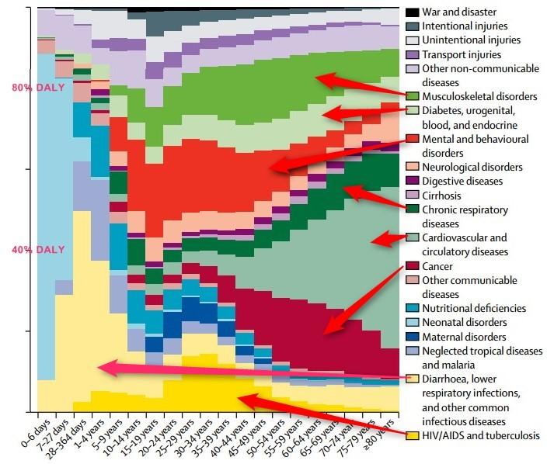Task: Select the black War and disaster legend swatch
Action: pyautogui.click(x=413, y=12)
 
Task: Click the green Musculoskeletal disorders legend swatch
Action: pyautogui.click(x=413, y=96)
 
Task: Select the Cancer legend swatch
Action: pyautogui.click(x=413, y=265)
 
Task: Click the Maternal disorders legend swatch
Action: pyautogui.click(x=413, y=337)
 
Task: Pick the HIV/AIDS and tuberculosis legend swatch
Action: pyautogui.click(x=413, y=435)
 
